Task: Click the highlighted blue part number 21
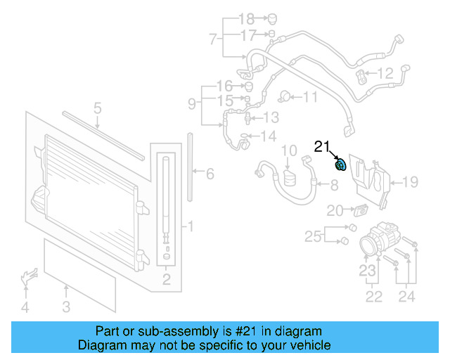(342, 165)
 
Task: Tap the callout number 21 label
(322, 147)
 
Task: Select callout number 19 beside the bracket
(410, 183)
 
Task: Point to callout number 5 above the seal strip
(98, 108)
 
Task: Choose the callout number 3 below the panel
(66, 307)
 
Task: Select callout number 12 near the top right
(385, 73)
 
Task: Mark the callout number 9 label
(191, 104)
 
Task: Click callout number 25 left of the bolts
(313, 236)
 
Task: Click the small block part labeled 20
(359, 210)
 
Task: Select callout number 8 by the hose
(334, 186)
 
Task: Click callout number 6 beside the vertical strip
(209, 173)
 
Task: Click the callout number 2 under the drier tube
(167, 282)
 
